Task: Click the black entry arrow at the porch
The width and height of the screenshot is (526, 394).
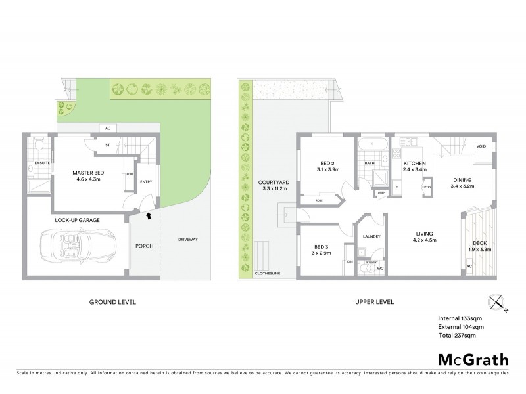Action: tap(148, 215)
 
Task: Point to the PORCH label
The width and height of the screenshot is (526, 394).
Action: tap(145, 247)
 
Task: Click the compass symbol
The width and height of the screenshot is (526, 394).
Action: tap(496, 303)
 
